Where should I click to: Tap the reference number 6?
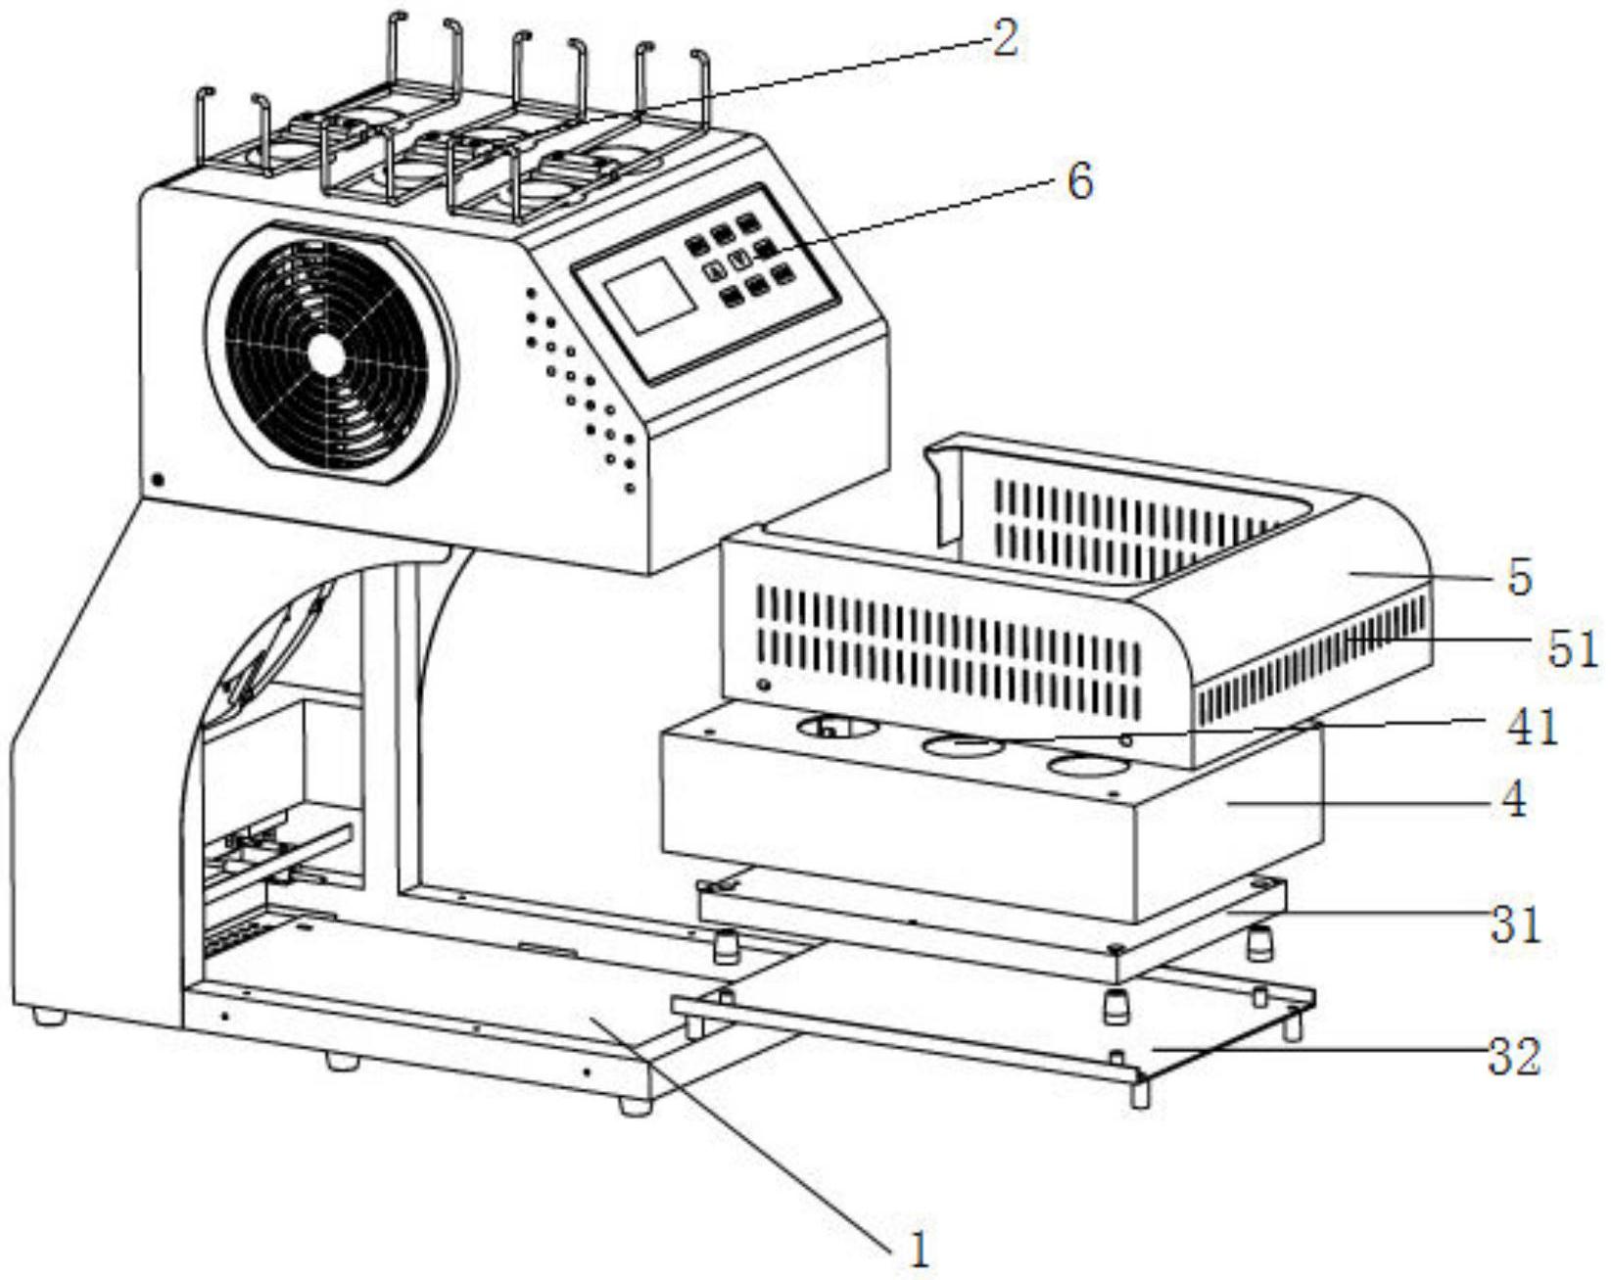pyautogui.click(x=1078, y=182)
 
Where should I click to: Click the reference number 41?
pyautogui.click(x=1532, y=727)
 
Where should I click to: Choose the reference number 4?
pyautogui.click(x=1514, y=801)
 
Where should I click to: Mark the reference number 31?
pyautogui.click(x=1515, y=925)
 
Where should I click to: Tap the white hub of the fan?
pyautogui.click(x=329, y=355)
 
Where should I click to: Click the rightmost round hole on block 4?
pyautogui.click(x=1087, y=767)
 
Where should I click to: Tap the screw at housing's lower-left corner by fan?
pyautogui.click(x=158, y=478)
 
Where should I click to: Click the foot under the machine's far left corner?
pyautogui.click(x=49, y=1017)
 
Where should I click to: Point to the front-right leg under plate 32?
pyautogui.click(x=1139, y=1092)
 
